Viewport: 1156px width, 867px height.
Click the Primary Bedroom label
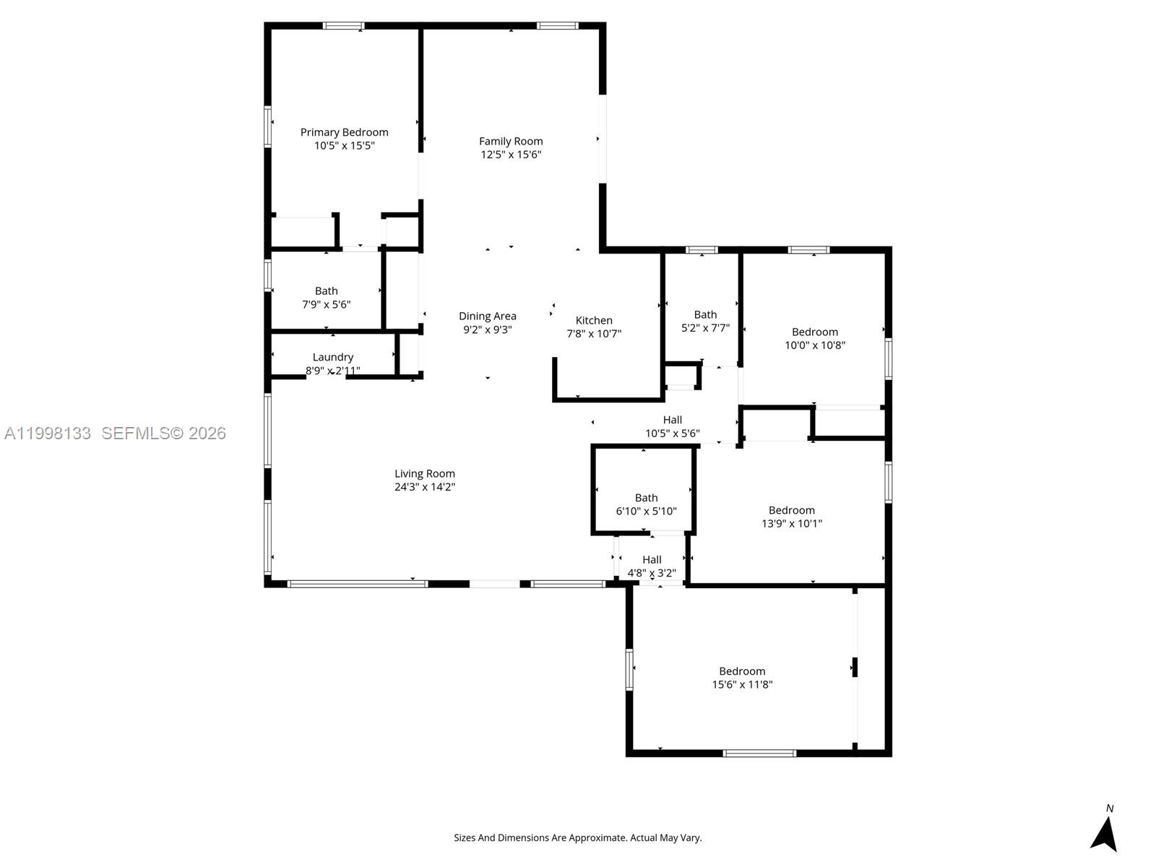[x=344, y=132]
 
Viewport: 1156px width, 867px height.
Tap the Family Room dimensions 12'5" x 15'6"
[x=511, y=155]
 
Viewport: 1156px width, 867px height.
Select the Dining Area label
[x=487, y=316]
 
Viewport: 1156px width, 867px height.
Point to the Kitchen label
[x=594, y=321]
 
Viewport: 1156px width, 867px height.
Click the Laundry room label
[x=332, y=357]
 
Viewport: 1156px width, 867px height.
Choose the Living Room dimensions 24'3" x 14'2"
[x=424, y=487]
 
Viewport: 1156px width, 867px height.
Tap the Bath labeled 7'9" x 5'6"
[x=326, y=298]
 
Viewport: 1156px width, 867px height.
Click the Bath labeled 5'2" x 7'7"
[x=705, y=321]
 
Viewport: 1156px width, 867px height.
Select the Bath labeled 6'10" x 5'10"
[x=646, y=504]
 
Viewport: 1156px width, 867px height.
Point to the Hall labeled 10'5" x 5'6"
[x=672, y=426]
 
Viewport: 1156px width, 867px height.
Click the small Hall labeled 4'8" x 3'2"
[x=652, y=566]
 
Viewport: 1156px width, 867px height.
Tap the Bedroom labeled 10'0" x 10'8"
[x=814, y=338]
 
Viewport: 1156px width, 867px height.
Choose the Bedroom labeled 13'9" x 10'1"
[x=791, y=517]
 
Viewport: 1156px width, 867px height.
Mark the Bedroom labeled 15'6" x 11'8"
[x=742, y=678]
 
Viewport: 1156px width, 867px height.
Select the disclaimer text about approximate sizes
[x=577, y=838]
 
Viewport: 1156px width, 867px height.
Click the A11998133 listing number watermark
[x=48, y=433]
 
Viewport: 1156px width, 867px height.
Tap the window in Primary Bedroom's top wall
[x=343, y=26]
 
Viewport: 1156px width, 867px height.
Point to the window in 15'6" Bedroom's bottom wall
[x=759, y=753]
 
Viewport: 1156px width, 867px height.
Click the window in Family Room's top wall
[x=557, y=26]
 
